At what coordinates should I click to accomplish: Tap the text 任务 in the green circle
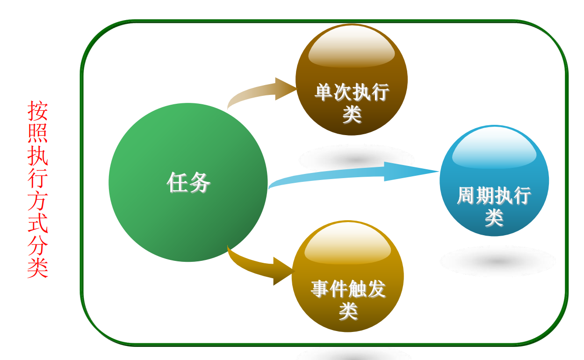coord(188,182)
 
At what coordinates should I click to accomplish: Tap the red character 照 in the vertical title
coord(37,133)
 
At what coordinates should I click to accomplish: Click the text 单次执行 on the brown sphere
coord(352,92)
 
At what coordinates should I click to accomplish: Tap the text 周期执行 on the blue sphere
coord(494,196)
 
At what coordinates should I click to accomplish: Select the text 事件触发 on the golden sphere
coord(348,289)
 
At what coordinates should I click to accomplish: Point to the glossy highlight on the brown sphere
coord(352,47)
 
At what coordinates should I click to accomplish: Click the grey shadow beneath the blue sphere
coord(497,261)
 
